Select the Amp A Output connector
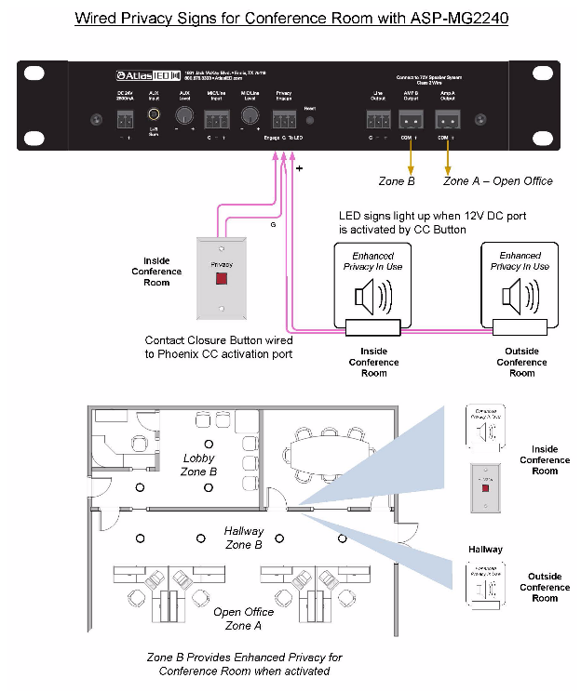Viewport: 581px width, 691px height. tap(447, 119)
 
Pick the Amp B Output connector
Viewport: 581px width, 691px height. tap(411, 119)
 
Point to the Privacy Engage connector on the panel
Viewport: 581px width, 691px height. tap(284, 119)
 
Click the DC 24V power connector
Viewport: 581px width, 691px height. tap(124, 118)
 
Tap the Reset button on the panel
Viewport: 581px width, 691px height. tap(311, 120)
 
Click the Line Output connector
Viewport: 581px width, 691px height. tap(377, 119)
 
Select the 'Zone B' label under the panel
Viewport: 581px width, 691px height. tap(397, 180)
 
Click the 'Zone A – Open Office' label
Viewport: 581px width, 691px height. tap(497, 180)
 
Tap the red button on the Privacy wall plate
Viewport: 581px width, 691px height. tap(222, 277)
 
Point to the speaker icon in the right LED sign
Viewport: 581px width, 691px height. tap(518, 295)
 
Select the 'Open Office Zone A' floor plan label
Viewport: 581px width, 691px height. tap(244, 618)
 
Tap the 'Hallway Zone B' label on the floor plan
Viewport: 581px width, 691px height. tap(244, 538)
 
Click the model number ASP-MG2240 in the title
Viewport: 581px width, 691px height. tap(452, 18)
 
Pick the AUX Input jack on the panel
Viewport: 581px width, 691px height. tap(155, 116)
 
